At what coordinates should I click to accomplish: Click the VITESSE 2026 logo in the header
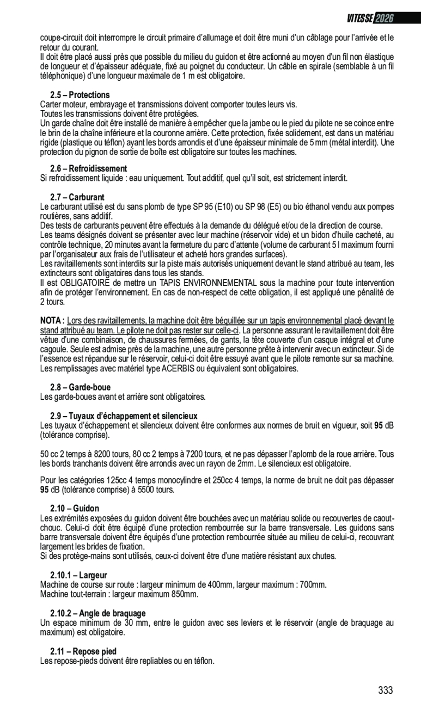pyautogui.click(x=370, y=19)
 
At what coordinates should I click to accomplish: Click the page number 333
pyautogui.click(x=385, y=690)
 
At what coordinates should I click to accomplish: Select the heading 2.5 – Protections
pyautogui.click(x=80, y=95)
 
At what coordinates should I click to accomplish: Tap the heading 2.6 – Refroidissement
pyautogui.click(x=88, y=169)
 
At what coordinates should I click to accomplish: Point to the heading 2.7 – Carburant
pyautogui.click(x=77, y=197)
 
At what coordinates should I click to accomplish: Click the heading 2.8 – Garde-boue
pyautogui.click(x=80, y=387)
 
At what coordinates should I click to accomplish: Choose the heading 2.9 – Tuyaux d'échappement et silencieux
pyautogui.click(x=123, y=416)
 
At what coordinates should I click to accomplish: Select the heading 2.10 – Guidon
pyautogui.click(x=75, y=509)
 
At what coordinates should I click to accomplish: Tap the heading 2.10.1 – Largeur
pyautogui.click(x=78, y=575)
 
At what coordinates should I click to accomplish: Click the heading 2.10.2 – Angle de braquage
pyautogui.click(x=97, y=613)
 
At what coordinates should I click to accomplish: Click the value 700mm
pyautogui.click(x=313, y=585)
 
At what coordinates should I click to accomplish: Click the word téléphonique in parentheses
pyautogui.click(x=62, y=76)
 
